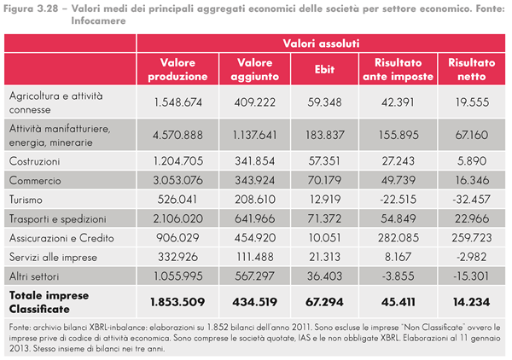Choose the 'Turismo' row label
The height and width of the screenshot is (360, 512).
28,199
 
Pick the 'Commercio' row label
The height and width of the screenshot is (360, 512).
33,180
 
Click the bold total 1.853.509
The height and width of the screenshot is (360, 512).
178,301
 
